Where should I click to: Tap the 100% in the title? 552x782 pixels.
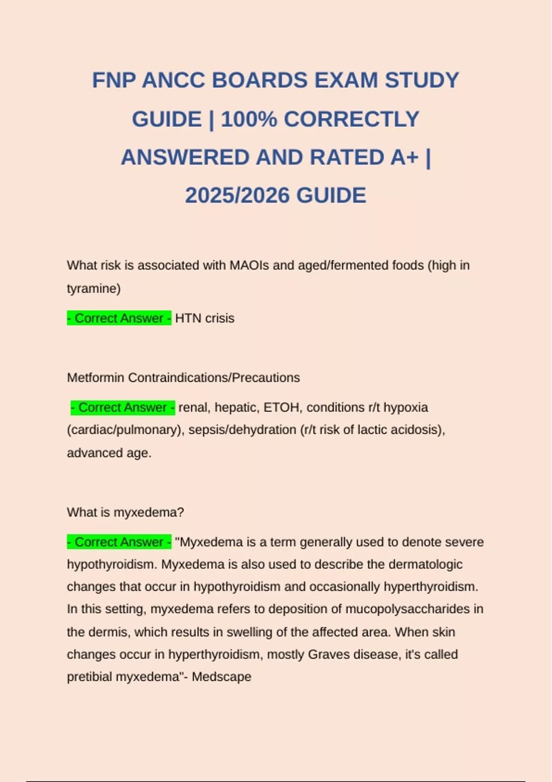pyautogui.click(x=249, y=120)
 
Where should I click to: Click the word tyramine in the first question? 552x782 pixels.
pyautogui.click(x=93, y=289)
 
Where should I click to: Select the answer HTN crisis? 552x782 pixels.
pyautogui.click(x=205, y=318)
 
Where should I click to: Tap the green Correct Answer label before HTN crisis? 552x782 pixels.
pyautogui.click(x=119, y=318)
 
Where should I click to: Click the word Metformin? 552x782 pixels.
pyautogui.click(x=96, y=378)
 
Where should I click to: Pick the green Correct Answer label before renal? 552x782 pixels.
pyautogui.click(x=123, y=408)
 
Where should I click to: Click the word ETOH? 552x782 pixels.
pyautogui.click(x=281, y=408)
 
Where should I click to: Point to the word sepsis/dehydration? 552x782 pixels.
pyautogui.click(x=242, y=430)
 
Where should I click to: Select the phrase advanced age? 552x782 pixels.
pyautogui.click(x=109, y=453)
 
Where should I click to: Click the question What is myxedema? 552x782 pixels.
pyautogui.click(x=125, y=512)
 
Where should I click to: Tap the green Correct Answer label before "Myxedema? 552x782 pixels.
pyautogui.click(x=119, y=542)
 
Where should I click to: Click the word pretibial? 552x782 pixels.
pyautogui.click(x=89, y=677)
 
